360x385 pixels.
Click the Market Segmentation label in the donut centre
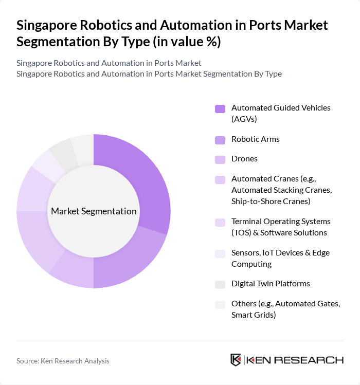[94, 211]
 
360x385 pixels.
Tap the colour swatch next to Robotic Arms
[220, 140]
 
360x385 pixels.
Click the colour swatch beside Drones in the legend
[220, 159]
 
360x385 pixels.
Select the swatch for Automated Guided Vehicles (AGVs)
[220, 108]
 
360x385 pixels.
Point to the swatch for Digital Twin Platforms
[220, 284]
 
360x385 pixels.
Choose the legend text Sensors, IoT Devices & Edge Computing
[280, 258]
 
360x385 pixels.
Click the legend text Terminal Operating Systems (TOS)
[281, 227]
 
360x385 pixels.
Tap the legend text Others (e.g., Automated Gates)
[285, 309]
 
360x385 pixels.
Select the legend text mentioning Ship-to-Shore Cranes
[271, 201]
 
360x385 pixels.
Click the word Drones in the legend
[244, 159]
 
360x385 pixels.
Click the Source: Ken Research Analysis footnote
[63, 361]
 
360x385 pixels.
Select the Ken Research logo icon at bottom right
[236, 360]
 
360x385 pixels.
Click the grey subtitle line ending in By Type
[149, 74]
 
